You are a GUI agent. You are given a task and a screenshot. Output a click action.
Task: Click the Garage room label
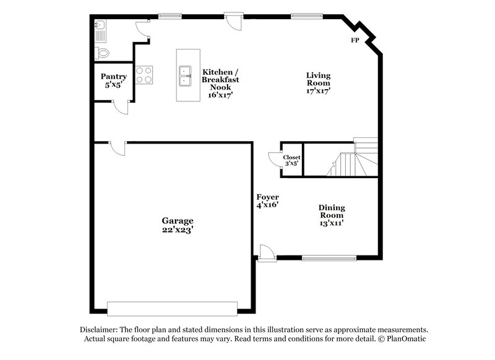pos(178,220)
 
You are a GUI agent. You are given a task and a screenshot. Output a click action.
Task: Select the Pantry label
pos(114,77)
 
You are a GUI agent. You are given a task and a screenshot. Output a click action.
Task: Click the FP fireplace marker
pos(355,40)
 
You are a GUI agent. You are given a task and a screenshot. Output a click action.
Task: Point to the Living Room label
pos(318,75)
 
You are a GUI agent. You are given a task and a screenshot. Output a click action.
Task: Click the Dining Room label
pos(332,208)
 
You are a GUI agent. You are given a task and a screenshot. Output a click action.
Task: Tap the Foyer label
pos(268,197)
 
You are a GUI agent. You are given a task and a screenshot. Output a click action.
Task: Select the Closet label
pos(292,157)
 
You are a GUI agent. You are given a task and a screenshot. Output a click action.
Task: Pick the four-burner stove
pos(144,75)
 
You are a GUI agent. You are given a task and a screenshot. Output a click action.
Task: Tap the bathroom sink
pos(101,26)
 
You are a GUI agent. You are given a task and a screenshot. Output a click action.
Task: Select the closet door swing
pos(273,161)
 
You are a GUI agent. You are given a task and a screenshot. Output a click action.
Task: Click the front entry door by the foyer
pos(265,252)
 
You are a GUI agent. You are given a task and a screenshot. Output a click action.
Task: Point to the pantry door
pos(123,108)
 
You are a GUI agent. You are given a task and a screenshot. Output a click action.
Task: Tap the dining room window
pos(327,257)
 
